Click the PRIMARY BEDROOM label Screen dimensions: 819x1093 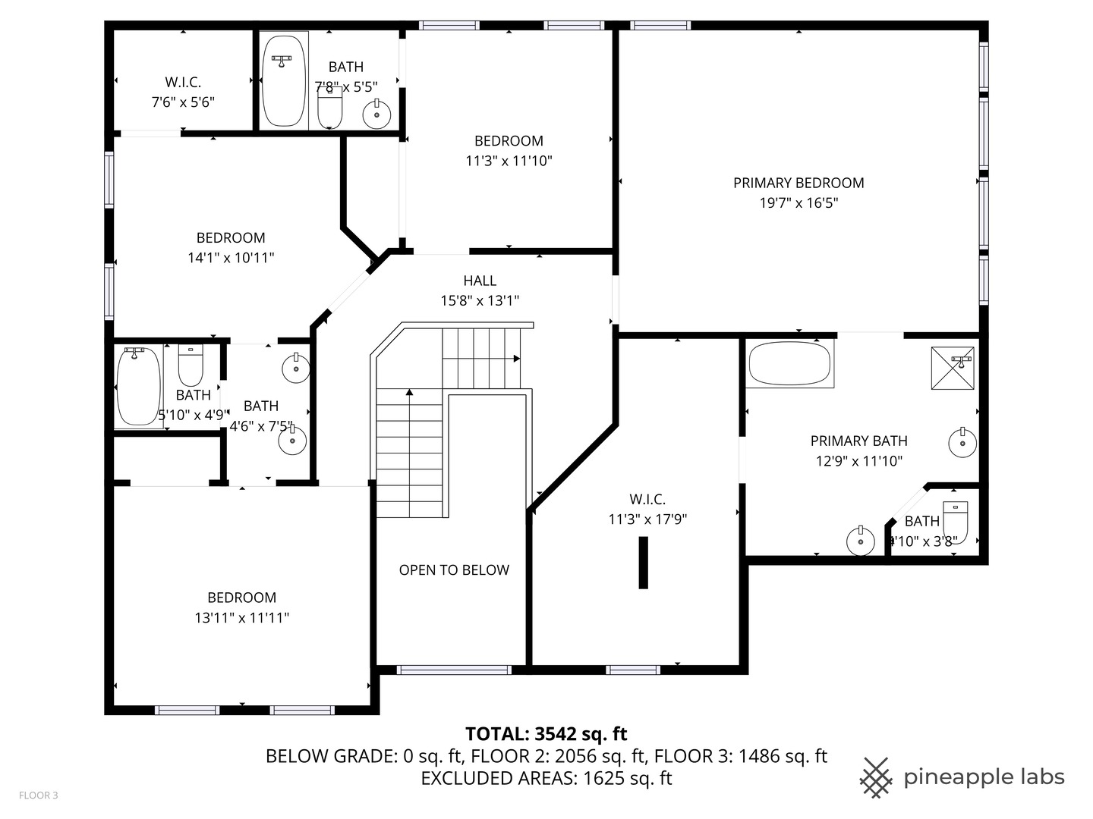coord(798,183)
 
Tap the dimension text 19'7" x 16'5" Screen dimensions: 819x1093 coord(798,203)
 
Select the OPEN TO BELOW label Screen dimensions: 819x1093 coord(454,570)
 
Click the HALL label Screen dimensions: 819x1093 coord(480,281)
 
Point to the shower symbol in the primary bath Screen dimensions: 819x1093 coord(953,369)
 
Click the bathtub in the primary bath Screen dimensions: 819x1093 coord(789,364)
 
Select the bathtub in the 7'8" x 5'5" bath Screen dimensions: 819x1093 coord(284,80)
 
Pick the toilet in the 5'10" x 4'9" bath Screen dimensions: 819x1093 coord(191,366)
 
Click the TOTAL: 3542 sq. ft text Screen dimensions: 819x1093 coord(546,734)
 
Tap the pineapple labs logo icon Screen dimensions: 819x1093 coord(877,777)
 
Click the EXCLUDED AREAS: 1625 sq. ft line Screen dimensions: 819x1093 coord(546,778)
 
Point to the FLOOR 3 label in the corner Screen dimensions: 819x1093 coord(38,795)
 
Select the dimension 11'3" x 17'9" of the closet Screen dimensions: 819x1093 coord(647,519)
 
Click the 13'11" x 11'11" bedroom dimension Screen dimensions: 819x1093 coord(241,618)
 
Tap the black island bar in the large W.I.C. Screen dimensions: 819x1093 coord(643,562)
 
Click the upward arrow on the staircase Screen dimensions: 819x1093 coord(409,393)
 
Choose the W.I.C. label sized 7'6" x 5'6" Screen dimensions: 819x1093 coord(183,83)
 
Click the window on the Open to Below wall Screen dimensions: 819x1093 coord(454,670)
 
